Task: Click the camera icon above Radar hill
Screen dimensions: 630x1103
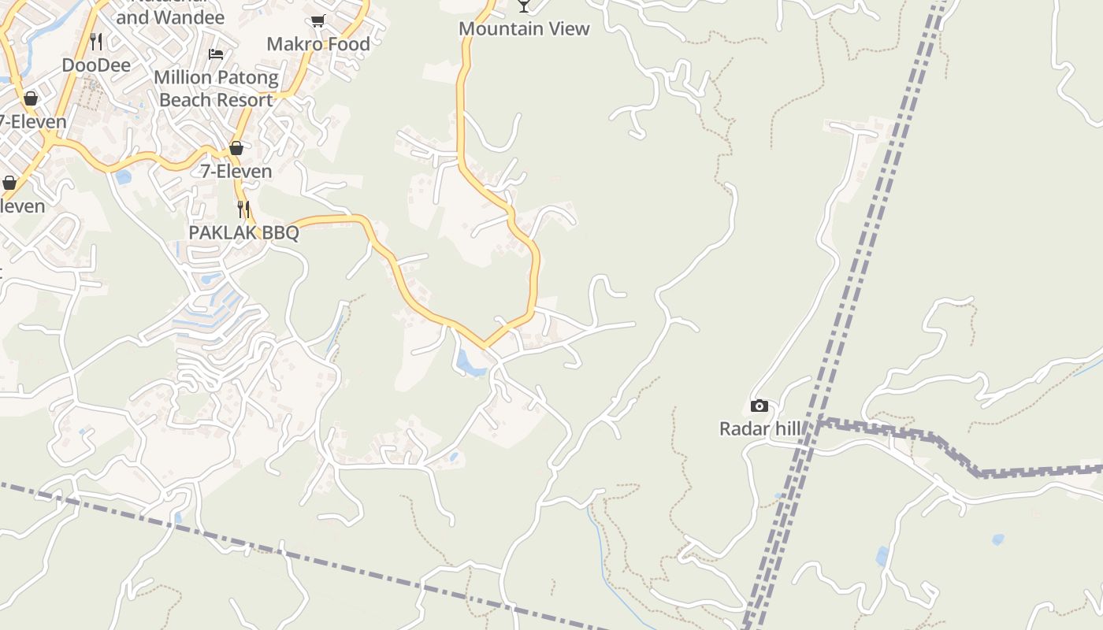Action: click(x=759, y=406)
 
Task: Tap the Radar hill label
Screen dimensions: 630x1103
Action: click(x=760, y=429)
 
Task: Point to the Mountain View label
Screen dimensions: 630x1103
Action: click(x=524, y=29)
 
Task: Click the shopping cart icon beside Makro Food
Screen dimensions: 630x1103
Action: click(x=318, y=21)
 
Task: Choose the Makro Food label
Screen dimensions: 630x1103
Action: click(x=318, y=44)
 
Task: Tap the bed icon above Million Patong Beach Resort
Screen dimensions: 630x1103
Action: click(x=216, y=54)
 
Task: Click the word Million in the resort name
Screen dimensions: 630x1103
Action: click(x=183, y=78)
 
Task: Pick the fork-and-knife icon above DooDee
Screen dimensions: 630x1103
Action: click(x=96, y=41)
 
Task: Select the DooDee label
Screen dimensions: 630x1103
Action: click(x=96, y=65)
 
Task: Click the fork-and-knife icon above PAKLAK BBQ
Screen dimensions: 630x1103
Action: click(x=244, y=209)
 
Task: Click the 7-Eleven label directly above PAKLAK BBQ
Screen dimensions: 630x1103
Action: click(x=236, y=171)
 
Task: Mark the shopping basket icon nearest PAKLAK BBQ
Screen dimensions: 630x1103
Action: click(x=236, y=148)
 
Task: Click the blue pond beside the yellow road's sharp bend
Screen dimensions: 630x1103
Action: click(x=470, y=363)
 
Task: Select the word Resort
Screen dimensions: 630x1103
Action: click(x=243, y=101)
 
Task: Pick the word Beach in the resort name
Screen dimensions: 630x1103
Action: click(x=185, y=101)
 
